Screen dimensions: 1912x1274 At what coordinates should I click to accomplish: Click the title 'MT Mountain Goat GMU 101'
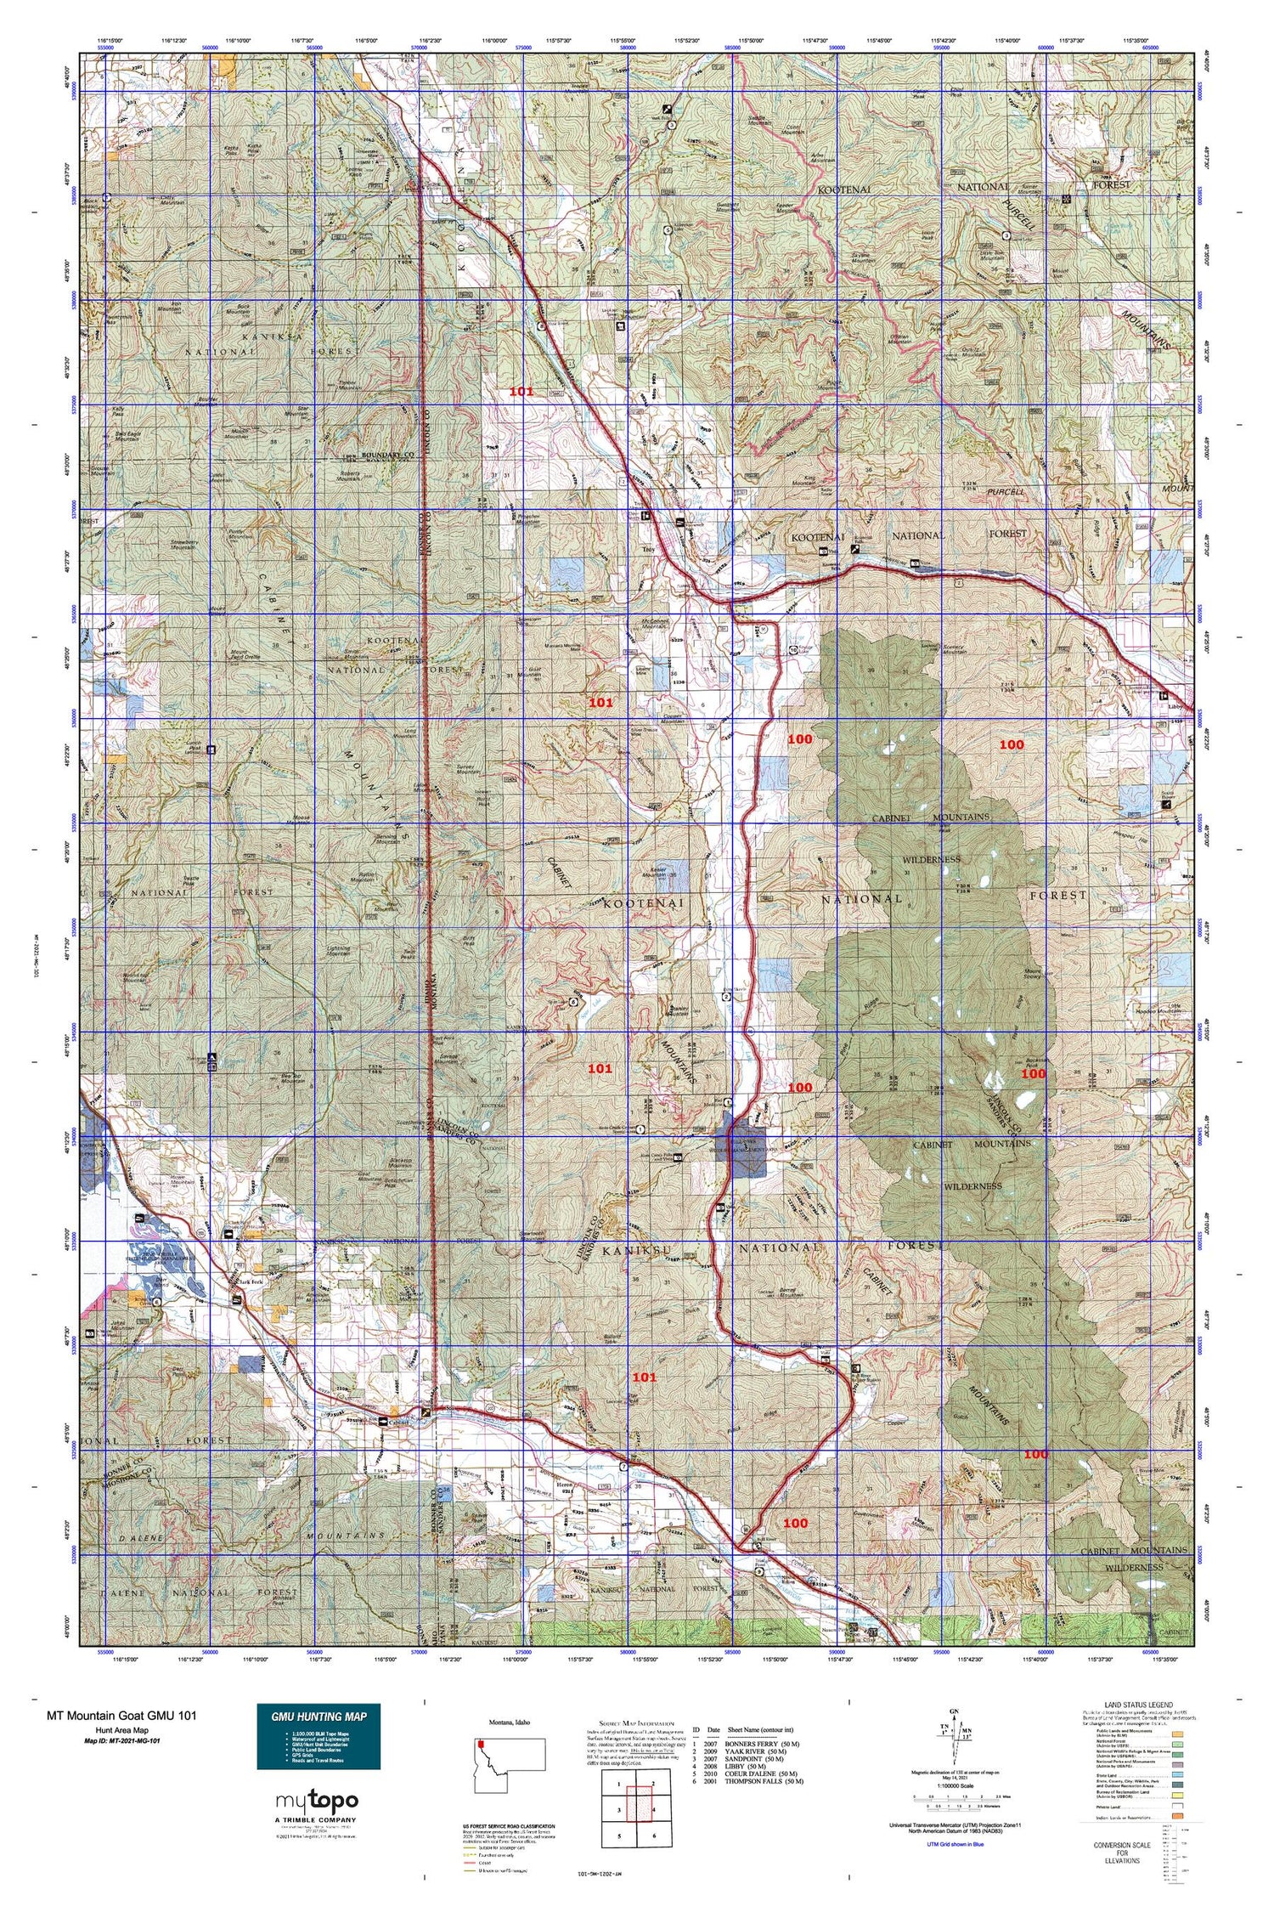pos(121,1715)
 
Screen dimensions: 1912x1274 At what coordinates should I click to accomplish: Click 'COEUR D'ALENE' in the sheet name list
pos(759,1772)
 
